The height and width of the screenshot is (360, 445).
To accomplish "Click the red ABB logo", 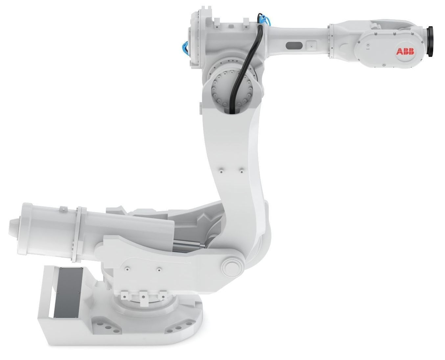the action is (x=405, y=51).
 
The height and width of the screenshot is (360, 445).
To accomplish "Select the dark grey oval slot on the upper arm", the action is (x=294, y=46).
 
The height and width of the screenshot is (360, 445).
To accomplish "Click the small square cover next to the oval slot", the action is (x=311, y=46).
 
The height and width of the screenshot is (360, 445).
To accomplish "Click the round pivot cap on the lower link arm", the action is (x=232, y=267).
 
